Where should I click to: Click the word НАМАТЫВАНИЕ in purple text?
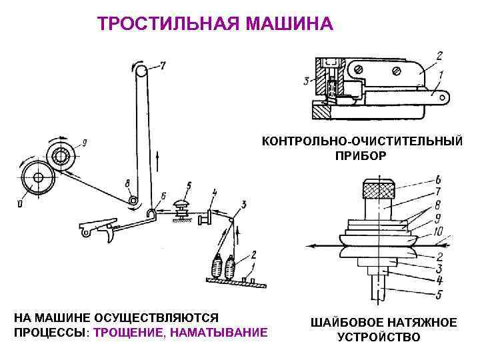[214, 331]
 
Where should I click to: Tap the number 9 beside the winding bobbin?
[84, 141]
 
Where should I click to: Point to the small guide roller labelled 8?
[134, 199]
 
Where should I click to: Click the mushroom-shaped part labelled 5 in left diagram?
[180, 205]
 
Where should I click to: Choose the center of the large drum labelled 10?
[34, 179]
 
